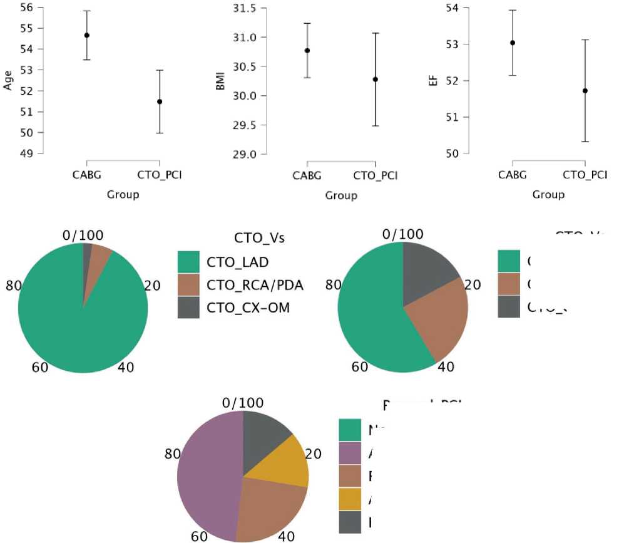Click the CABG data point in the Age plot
click(x=87, y=35)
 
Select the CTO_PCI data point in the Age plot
click(x=160, y=101)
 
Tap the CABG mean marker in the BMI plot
click(x=307, y=50)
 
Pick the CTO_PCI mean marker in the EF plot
click(x=585, y=91)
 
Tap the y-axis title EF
click(x=433, y=81)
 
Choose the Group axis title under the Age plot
click(x=122, y=194)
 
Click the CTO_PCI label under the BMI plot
click(x=376, y=176)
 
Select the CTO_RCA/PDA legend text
click(x=255, y=285)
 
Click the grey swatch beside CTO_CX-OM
click(x=188, y=308)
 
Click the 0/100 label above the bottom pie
click(x=243, y=403)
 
